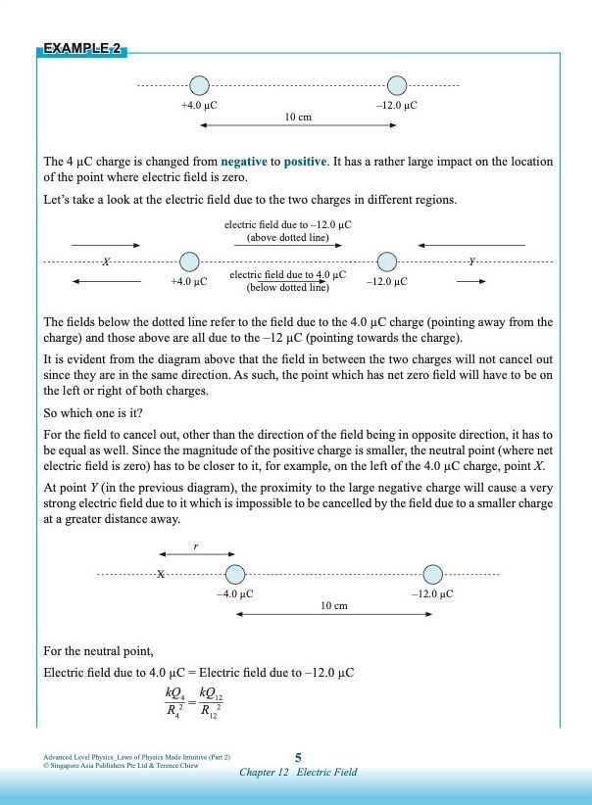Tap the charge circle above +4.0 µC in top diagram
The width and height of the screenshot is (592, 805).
click(199, 86)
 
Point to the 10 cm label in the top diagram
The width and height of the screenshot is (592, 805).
click(298, 117)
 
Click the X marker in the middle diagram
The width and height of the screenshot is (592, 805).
click(107, 261)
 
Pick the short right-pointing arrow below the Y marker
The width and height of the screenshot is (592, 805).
click(470, 281)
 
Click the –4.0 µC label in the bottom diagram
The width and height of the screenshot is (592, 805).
click(235, 593)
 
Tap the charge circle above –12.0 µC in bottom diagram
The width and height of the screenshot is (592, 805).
click(433, 575)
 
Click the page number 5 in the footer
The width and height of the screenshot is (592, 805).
click(298, 756)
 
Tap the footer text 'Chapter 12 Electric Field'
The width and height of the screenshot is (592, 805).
click(298, 772)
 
